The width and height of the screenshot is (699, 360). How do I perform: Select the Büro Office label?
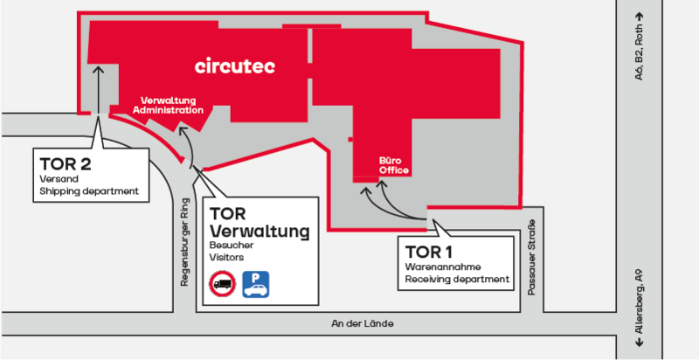point(393,165)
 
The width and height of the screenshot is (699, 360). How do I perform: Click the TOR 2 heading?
point(65,163)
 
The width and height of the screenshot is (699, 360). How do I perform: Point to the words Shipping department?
point(89,192)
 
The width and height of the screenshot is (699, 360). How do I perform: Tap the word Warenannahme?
point(444,266)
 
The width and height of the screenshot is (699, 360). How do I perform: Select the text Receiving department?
point(456,280)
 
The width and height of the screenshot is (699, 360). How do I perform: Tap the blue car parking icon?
point(255,283)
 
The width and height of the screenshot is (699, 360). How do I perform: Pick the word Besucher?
point(231,246)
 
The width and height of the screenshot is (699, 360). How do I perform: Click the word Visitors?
point(226,259)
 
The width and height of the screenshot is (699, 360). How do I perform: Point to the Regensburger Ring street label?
point(184,243)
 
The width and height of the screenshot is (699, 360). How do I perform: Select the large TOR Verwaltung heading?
point(260,222)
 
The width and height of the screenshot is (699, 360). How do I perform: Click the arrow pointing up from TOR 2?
point(97,96)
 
